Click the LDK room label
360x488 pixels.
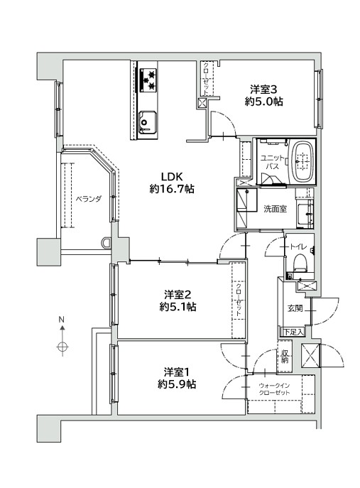pyautogui.click(x=171, y=177)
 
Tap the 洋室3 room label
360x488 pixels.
pyautogui.click(x=263, y=90)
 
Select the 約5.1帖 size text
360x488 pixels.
pyautogui.click(x=178, y=307)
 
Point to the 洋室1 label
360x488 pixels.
pyautogui.click(x=178, y=372)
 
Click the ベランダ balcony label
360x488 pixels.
pyautogui.click(x=89, y=199)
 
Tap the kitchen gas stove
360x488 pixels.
pyautogui.click(x=148, y=80)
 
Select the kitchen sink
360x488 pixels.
pyautogui.click(x=147, y=121)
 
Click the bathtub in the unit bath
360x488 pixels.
pyautogui.click(x=302, y=161)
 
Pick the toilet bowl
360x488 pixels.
pyautogui.click(x=300, y=263)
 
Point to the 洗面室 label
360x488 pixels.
pyautogui.click(x=276, y=209)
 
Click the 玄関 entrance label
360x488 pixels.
pyautogui.click(x=295, y=308)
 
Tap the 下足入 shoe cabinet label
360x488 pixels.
pyautogui.click(x=293, y=332)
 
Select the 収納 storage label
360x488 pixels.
pyautogui.click(x=285, y=357)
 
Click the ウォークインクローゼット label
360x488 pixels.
pyautogui.click(x=274, y=389)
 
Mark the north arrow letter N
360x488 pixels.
pyautogui.click(x=62, y=320)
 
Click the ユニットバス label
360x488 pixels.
pyautogui.click(x=272, y=162)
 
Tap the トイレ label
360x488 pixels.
pyautogui.click(x=299, y=246)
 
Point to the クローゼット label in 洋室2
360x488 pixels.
pyautogui.click(x=239, y=300)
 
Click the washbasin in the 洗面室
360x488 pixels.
pyautogui.click(x=305, y=214)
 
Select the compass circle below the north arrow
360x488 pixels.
pyautogui.click(x=62, y=347)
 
